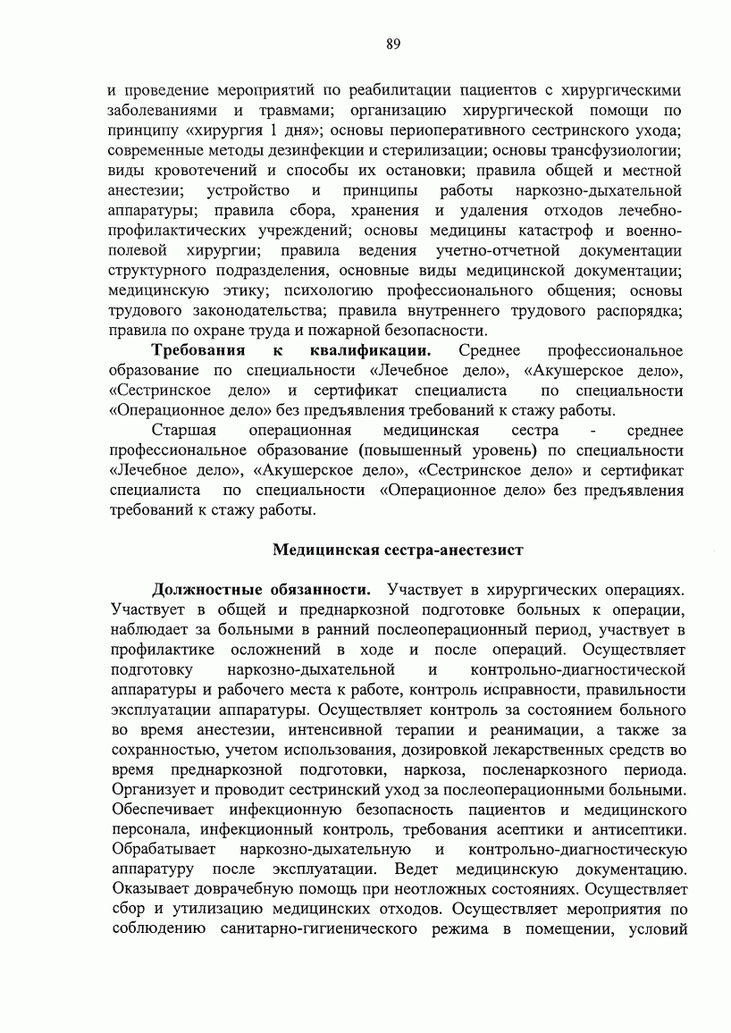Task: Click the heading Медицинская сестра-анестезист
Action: tap(397, 549)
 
